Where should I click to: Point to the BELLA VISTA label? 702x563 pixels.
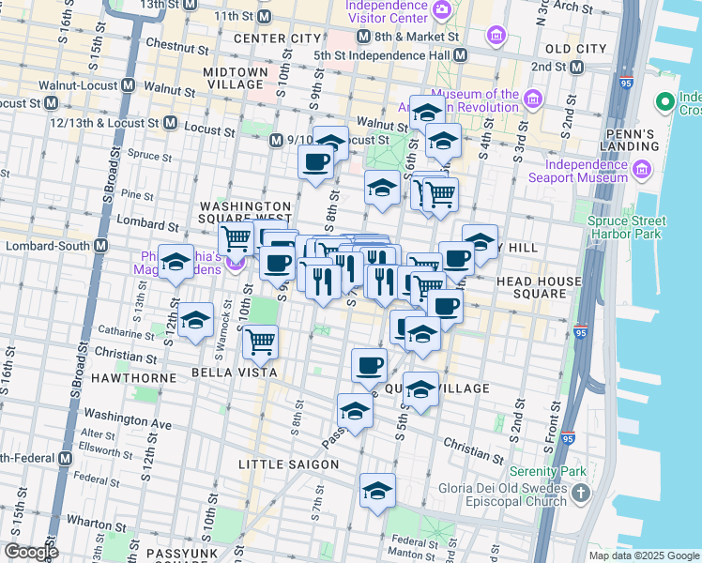(x=234, y=373)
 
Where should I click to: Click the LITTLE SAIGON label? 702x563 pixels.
(x=282, y=464)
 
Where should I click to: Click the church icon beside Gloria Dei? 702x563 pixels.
(x=581, y=493)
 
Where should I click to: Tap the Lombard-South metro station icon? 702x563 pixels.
(x=101, y=246)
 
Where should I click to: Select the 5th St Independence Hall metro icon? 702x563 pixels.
(x=459, y=55)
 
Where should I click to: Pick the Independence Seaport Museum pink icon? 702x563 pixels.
(x=642, y=170)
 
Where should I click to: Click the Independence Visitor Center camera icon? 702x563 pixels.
(x=441, y=10)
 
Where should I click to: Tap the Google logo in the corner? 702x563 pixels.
(x=31, y=552)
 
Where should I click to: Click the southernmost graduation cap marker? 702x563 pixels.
(x=377, y=491)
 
